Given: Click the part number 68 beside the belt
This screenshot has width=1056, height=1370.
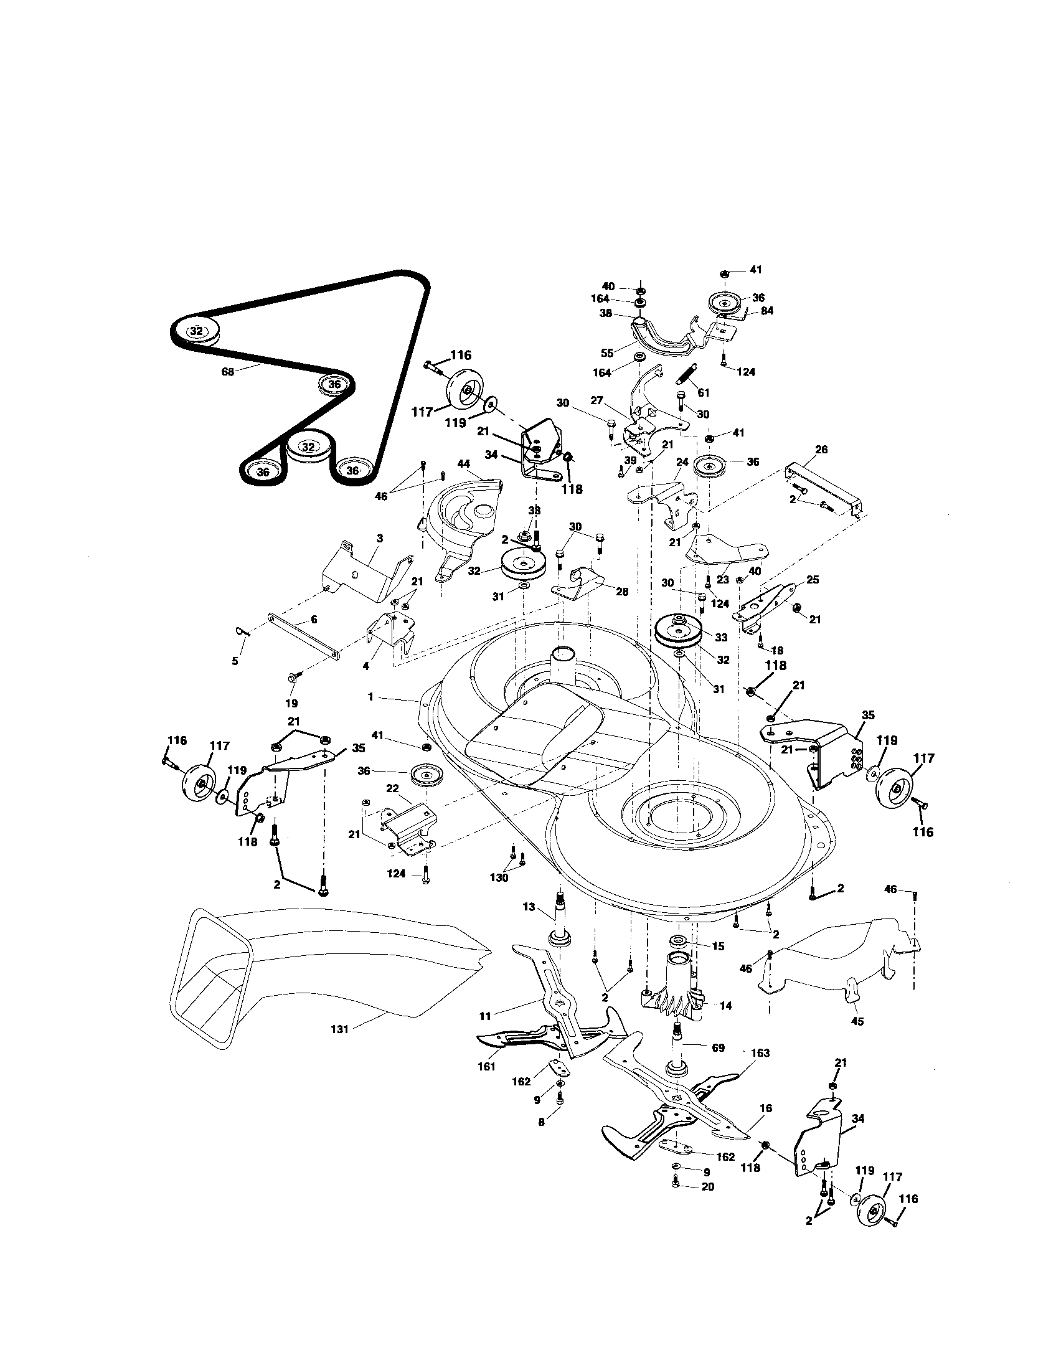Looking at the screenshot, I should point(228,371).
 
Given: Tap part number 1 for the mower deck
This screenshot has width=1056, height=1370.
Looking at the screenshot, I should point(370,697).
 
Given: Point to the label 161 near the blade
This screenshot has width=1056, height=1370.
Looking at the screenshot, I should point(486,1065).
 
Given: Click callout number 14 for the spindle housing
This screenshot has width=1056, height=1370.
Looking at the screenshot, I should point(725,1006).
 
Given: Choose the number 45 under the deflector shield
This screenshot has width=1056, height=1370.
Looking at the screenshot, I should point(857,1022).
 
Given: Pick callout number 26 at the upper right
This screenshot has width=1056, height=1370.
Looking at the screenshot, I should point(821,449).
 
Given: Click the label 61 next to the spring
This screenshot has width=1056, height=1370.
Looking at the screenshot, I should point(703,392).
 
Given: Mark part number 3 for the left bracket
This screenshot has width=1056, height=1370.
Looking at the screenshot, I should point(379,538).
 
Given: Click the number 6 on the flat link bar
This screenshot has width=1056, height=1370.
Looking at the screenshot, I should point(314,620).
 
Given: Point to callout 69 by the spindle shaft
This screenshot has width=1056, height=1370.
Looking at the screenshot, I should point(718,1047).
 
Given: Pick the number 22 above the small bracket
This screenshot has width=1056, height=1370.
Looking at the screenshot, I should point(392,788).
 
